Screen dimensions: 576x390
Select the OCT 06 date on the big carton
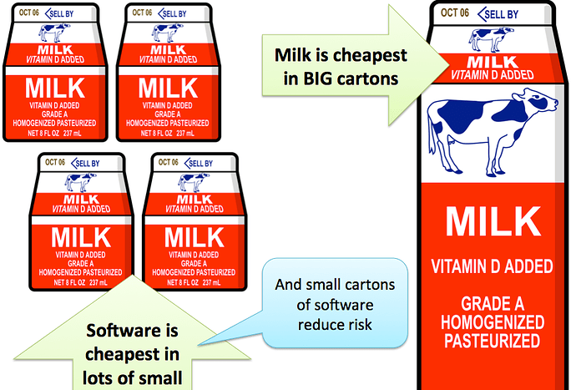pyautogui.click(x=455, y=13)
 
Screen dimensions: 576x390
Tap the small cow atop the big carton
pyautogui.click(x=491, y=38)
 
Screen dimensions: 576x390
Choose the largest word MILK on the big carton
pyautogui.click(x=493, y=221)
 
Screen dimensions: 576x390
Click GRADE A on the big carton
pyautogui.click(x=493, y=304)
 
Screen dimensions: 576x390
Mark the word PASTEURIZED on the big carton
pyautogui.click(x=493, y=341)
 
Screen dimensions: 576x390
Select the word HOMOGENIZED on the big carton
pyautogui.click(x=493, y=322)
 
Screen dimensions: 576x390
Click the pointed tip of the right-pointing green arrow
pyautogui.click(x=449, y=65)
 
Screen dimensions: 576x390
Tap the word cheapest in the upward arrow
pyautogui.click(x=132, y=354)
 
